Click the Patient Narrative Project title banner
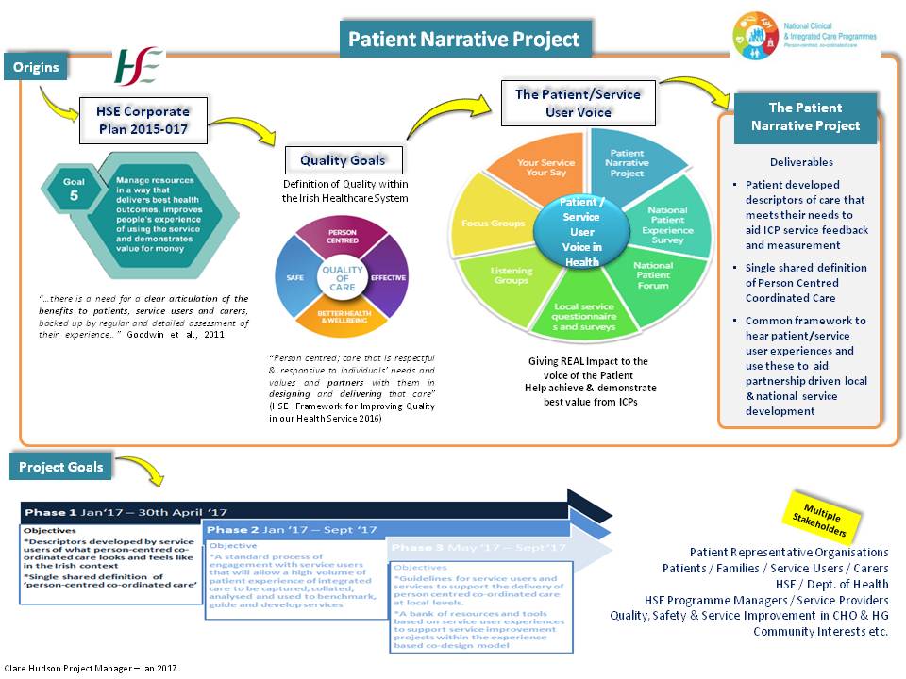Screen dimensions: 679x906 [x=464, y=40]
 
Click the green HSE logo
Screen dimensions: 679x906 [x=140, y=66]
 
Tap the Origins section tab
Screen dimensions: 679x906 [x=36, y=67]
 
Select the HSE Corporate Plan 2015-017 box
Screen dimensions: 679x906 [x=143, y=120]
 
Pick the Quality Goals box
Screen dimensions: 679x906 [x=343, y=160]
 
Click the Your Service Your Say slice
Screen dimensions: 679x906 [x=545, y=168]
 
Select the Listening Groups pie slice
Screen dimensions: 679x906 [x=511, y=276]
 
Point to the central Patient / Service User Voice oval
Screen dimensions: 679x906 [x=582, y=232]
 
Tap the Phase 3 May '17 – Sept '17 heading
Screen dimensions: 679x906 [x=478, y=548]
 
